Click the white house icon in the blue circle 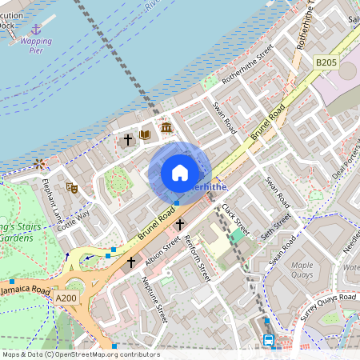pos(180,173)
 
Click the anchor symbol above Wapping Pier pos(35,29)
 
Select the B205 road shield pos(326,62)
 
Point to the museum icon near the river pos(166,128)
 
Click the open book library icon pos(146,135)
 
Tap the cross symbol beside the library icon pos(127,139)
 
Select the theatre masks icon pos(72,188)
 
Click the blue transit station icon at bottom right pos(270,340)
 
